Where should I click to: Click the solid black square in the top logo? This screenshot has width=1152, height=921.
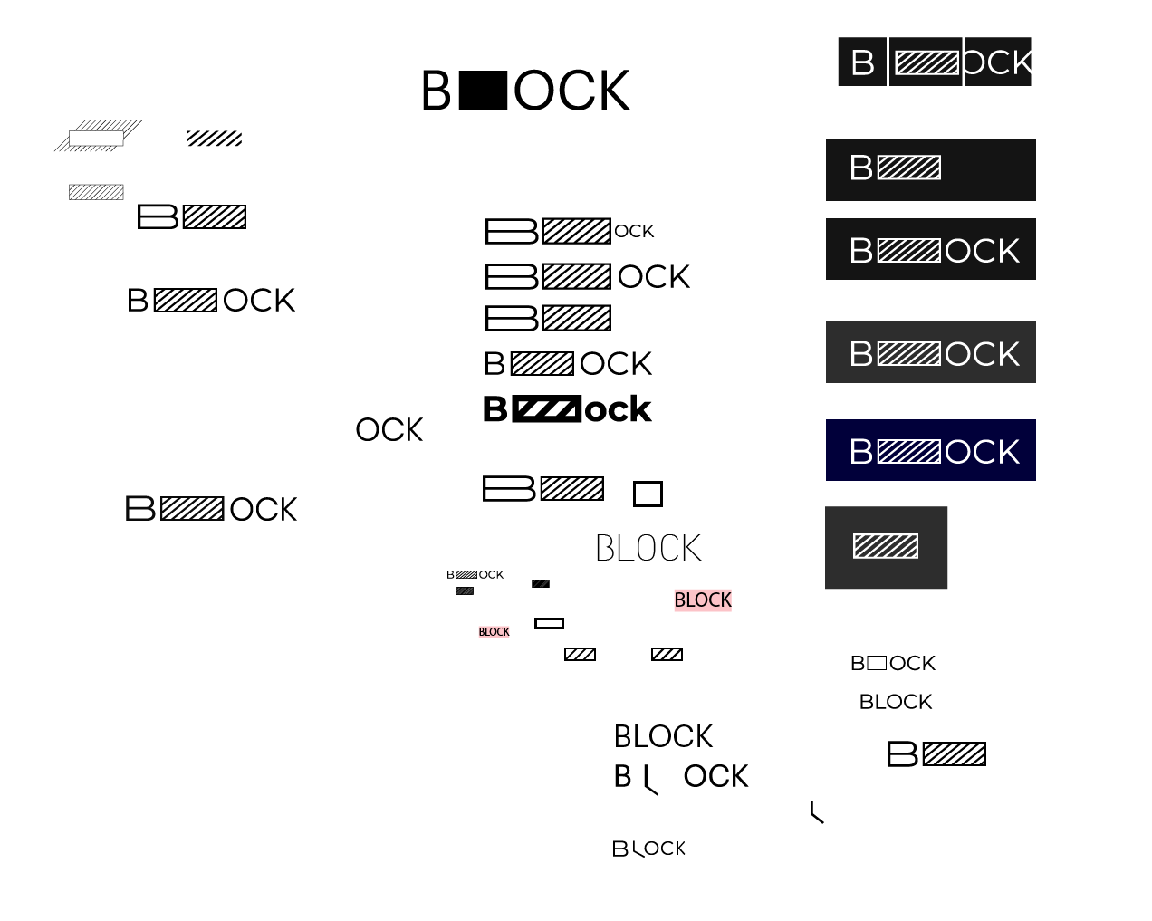(483, 91)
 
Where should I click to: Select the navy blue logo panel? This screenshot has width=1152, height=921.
(930, 450)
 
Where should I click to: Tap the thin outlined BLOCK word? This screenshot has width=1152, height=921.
(648, 548)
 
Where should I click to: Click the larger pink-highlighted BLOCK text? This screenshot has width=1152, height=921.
(703, 600)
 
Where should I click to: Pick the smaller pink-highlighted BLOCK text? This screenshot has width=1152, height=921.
(494, 632)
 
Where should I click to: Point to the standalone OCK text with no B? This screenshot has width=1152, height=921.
(389, 430)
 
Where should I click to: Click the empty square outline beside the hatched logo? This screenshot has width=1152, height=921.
(648, 494)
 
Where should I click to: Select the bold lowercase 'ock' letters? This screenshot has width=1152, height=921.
(618, 409)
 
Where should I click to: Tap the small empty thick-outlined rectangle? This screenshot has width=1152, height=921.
(549, 623)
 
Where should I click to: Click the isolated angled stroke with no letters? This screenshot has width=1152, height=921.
(817, 813)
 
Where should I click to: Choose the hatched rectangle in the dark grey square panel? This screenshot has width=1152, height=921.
(886, 546)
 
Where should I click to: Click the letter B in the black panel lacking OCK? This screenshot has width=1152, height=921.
(860, 168)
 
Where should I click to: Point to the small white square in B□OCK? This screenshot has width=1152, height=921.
(877, 663)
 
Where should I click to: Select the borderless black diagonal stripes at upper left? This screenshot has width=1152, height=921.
(215, 139)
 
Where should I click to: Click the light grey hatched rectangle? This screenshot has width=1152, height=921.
(96, 192)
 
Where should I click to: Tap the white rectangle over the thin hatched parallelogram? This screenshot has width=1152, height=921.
(96, 139)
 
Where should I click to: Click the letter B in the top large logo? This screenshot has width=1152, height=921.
(437, 91)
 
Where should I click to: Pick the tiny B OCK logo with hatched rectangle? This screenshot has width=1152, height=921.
(475, 575)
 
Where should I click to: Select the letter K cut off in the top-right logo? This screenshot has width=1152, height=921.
(1022, 62)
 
